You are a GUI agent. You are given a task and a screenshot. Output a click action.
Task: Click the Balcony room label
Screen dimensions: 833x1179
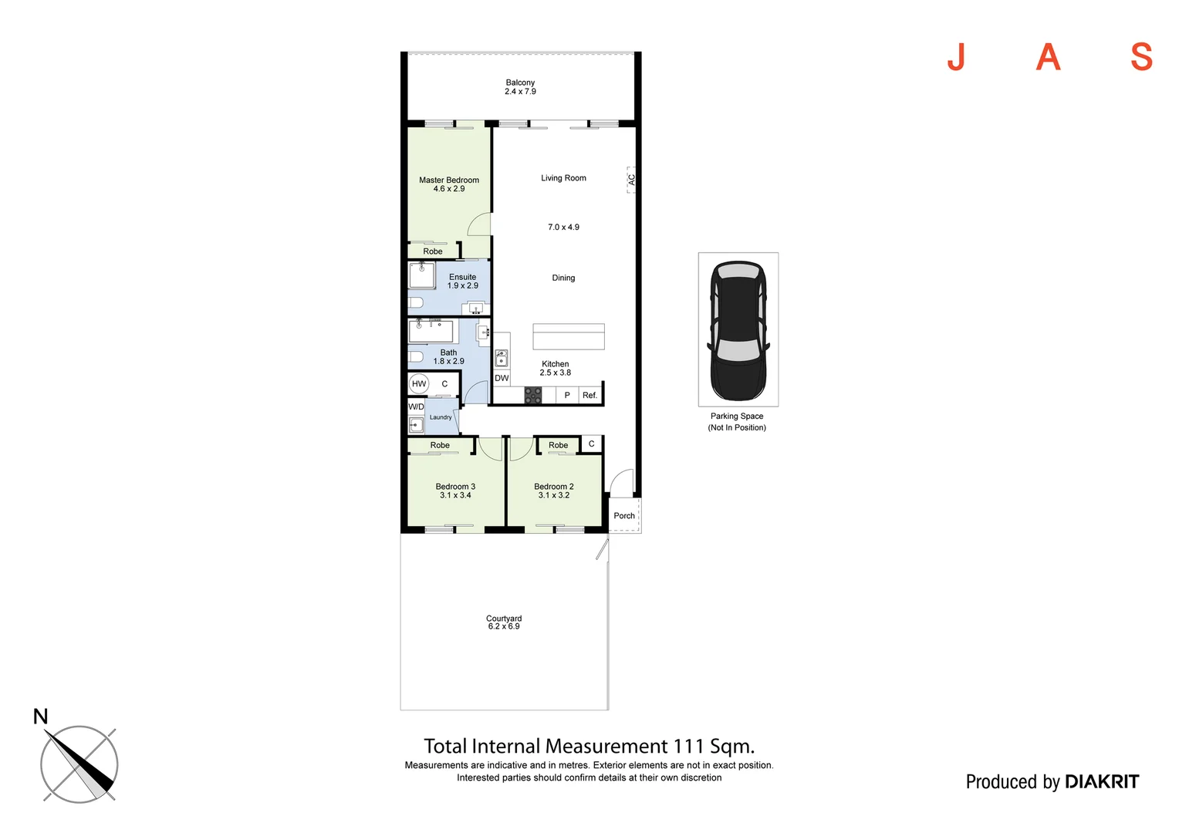520,83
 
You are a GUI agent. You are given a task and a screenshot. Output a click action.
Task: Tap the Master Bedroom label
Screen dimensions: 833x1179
449,180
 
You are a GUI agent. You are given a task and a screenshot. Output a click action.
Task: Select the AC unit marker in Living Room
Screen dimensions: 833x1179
631,179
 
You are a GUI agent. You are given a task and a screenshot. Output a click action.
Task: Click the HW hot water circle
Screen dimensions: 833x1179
419,384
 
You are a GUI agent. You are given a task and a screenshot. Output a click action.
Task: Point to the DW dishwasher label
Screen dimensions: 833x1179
502,378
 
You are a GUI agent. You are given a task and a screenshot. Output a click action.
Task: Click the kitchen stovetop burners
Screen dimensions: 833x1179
533,396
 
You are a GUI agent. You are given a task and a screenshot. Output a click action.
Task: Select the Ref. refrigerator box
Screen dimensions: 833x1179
589,395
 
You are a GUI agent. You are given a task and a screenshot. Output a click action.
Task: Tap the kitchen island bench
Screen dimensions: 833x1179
568,337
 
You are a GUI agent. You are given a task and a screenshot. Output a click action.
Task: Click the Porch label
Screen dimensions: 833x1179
624,516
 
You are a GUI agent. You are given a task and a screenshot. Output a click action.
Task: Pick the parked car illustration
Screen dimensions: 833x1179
738,329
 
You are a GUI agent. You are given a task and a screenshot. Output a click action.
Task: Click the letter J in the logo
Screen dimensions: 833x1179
956,57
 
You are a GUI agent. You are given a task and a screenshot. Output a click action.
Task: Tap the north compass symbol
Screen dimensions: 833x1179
79,764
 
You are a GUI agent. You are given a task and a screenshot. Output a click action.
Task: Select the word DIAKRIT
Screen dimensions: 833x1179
1101,782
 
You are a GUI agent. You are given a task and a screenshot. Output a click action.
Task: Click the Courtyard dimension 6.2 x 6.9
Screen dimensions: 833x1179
504,627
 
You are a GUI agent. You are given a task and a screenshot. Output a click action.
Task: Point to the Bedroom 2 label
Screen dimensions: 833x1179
554,487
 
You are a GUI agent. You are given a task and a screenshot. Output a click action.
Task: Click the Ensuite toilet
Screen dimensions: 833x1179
415,302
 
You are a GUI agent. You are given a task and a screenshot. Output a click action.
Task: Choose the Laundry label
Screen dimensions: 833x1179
441,417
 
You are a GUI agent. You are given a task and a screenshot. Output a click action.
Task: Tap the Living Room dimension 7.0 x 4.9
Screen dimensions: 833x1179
563,228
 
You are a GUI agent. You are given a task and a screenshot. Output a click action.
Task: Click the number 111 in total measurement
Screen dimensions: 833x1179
688,747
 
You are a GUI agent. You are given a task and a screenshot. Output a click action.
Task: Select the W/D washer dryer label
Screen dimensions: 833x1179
416,406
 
